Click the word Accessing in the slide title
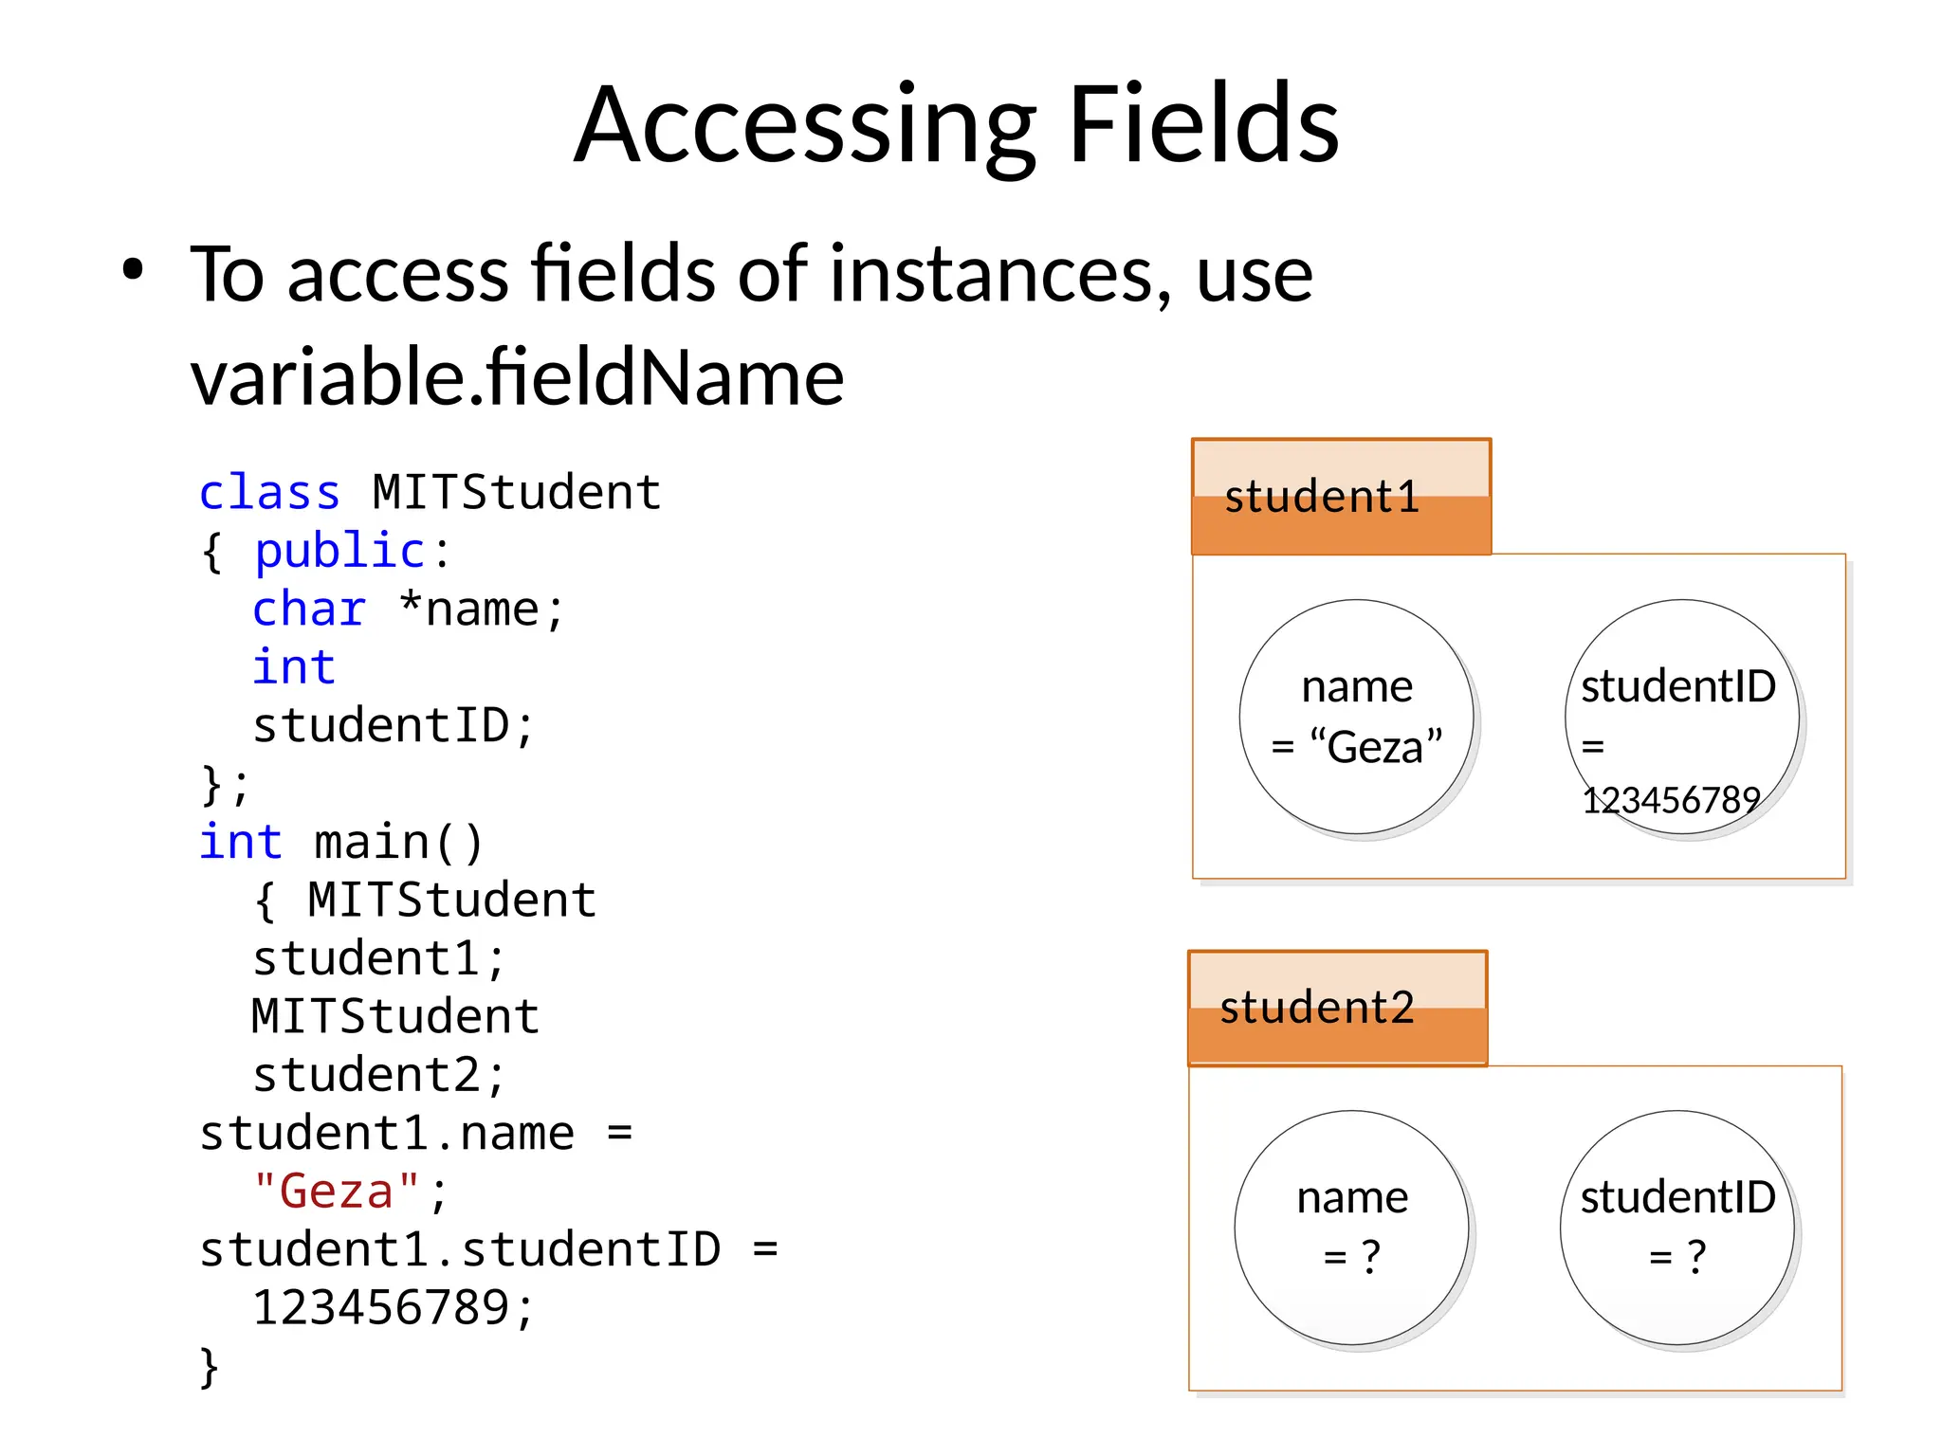click(x=806, y=126)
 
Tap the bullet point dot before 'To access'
click(x=133, y=270)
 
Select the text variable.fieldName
click(x=517, y=377)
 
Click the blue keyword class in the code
click(x=269, y=493)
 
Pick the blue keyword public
click(x=339, y=551)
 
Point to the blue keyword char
click(x=308, y=610)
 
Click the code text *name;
click(x=481, y=610)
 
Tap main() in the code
click(x=398, y=843)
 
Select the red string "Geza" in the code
click(x=336, y=1192)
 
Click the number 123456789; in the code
click(x=394, y=1308)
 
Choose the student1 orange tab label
click(x=1322, y=498)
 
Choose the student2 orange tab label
click(x=1317, y=1008)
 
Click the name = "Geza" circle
click(x=1356, y=717)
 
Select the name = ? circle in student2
click(x=1351, y=1228)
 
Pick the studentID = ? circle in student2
click(x=1676, y=1228)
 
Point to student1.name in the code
click(x=387, y=1134)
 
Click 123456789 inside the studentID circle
click(x=1671, y=801)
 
